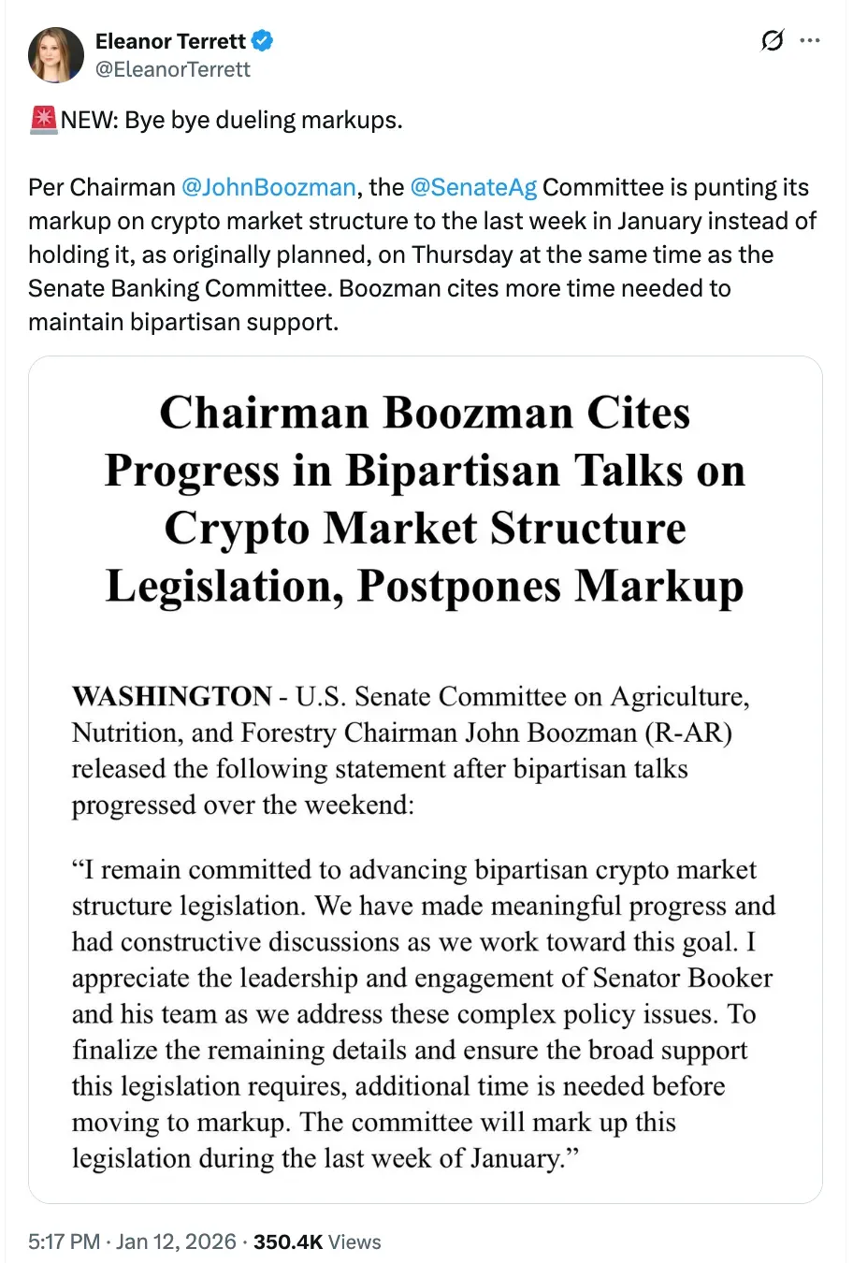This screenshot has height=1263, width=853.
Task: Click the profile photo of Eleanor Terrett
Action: [x=56, y=55]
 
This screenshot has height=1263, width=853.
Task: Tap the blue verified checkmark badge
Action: [x=263, y=41]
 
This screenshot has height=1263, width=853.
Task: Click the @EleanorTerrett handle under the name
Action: [x=173, y=69]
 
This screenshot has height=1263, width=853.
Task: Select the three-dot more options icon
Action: [x=810, y=41]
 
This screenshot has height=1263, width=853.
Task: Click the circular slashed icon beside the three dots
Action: [x=773, y=41]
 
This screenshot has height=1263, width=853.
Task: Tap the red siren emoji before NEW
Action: [x=43, y=120]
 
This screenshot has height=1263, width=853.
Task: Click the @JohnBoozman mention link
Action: [x=268, y=187]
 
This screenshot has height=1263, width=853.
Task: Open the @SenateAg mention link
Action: [x=473, y=187]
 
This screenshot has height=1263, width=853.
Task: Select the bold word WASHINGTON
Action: [x=172, y=697]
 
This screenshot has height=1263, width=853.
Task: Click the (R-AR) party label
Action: [x=688, y=733]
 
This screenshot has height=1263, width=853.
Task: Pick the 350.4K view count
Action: [x=288, y=1241]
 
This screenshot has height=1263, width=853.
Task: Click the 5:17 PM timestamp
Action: [x=64, y=1241]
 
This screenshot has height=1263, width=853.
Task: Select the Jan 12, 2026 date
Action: [x=176, y=1241]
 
